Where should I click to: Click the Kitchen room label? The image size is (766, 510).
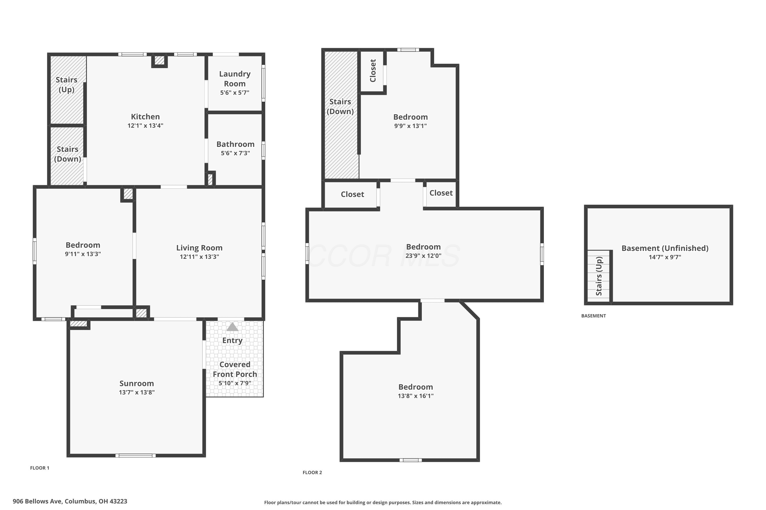coord(145,117)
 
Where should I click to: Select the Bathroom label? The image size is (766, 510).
coord(235,144)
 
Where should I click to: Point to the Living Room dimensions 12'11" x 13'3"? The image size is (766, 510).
coord(199,257)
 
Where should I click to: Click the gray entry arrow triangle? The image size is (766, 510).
coord(232,327)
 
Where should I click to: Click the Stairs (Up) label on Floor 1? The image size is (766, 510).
coord(66,85)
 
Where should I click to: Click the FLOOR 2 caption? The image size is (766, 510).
coord(312,472)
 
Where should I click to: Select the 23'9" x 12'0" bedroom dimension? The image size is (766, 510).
coord(423,256)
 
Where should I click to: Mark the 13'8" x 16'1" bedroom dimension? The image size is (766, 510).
coord(416,396)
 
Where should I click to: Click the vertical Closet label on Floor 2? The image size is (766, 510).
coord(373,71)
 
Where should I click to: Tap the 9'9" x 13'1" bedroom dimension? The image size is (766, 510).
coord(410,126)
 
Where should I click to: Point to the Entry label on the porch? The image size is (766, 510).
coord(232,340)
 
